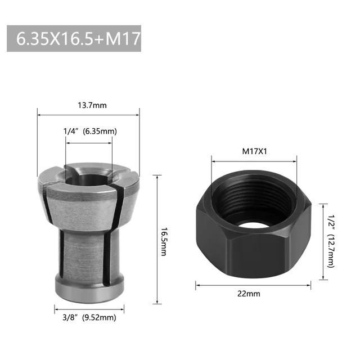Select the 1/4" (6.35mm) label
(x=90, y=131)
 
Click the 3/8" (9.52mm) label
(x=89, y=318)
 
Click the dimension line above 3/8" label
(x=88, y=308)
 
